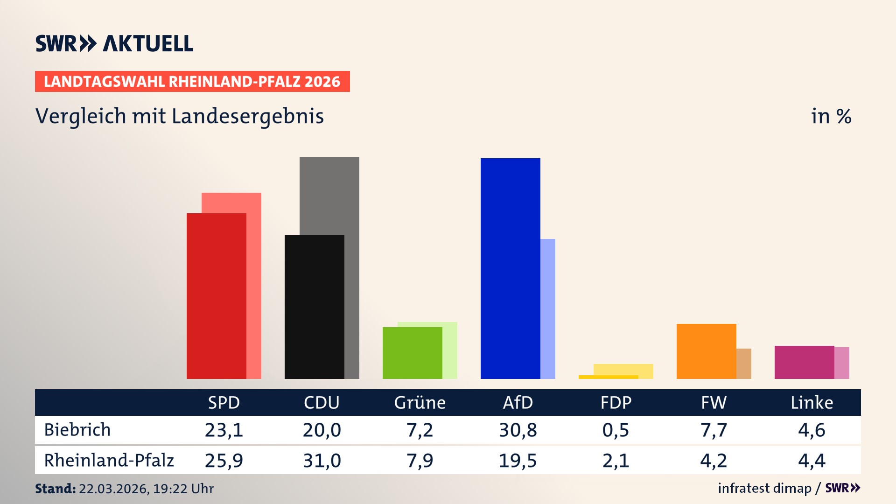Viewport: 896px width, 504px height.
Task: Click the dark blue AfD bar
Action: pyautogui.click(x=510, y=268)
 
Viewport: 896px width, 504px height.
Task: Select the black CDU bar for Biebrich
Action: pyautogui.click(x=314, y=307)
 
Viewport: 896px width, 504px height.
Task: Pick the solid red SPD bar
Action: pyautogui.click(x=216, y=296)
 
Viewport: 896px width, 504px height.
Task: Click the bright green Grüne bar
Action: pyautogui.click(x=412, y=353)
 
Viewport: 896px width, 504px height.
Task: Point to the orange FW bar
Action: pyautogui.click(x=706, y=351)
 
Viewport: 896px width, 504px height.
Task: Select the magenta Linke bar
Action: pyautogui.click(x=804, y=362)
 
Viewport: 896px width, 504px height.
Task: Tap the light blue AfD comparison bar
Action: pyautogui.click(x=548, y=308)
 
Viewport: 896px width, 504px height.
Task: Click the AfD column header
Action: pyautogui.click(x=518, y=402)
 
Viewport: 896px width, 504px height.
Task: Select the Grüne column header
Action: pyautogui.click(x=420, y=402)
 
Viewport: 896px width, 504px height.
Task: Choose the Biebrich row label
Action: pyautogui.click(x=77, y=430)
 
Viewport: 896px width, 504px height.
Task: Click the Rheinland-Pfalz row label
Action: pyautogui.click(x=109, y=461)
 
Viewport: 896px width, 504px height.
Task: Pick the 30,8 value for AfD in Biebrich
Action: pyautogui.click(x=518, y=430)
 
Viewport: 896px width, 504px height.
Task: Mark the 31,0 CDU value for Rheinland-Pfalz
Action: pyautogui.click(x=322, y=461)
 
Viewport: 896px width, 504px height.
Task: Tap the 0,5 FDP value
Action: pyautogui.click(x=616, y=430)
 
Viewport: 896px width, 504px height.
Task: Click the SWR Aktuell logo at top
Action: pyautogui.click(x=114, y=43)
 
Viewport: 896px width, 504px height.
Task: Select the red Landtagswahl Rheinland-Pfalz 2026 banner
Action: pyautogui.click(x=192, y=82)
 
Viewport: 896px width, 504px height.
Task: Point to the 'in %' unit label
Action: pyautogui.click(x=831, y=116)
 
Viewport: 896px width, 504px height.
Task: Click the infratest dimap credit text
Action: pyautogui.click(x=764, y=488)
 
